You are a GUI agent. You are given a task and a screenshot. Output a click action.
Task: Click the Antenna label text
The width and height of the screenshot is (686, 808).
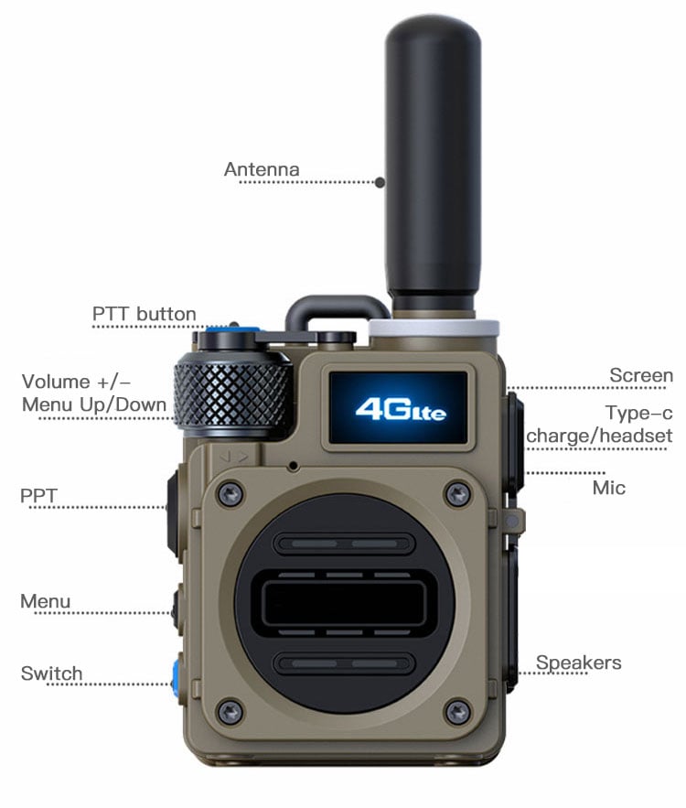[x=262, y=169]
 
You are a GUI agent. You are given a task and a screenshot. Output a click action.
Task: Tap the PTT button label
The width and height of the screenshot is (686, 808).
[x=145, y=314]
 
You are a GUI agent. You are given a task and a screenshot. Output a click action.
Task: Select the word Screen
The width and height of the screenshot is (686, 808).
[x=641, y=375]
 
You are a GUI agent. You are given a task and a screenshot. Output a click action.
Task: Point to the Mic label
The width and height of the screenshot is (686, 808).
[x=609, y=488]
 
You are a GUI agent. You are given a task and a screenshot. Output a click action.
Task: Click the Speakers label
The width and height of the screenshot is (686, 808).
[x=578, y=663]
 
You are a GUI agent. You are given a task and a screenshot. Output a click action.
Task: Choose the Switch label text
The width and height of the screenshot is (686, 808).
[x=51, y=673]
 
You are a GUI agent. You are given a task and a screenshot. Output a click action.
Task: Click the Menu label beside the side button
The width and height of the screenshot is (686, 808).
[x=46, y=601]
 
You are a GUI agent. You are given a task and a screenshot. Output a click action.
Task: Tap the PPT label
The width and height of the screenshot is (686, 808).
[x=38, y=495]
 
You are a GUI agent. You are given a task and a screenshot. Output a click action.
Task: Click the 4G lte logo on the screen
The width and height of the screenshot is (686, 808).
[x=401, y=409]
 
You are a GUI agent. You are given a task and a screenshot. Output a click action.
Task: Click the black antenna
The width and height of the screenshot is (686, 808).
[x=434, y=165]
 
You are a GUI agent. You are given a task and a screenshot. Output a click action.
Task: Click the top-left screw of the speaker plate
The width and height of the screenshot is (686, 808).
[x=230, y=494]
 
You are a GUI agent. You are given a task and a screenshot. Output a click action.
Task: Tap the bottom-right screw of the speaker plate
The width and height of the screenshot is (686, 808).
[x=457, y=713]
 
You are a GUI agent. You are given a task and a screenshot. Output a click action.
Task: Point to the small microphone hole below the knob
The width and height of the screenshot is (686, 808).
[x=294, y=466]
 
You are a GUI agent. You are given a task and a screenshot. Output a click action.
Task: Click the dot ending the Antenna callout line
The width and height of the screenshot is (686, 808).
[x=381, y=182]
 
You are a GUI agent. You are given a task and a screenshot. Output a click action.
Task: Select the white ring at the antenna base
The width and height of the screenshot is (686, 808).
[x=434, y=328]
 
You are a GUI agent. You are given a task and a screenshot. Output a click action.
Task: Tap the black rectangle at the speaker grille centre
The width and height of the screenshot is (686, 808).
[x=344, y=602]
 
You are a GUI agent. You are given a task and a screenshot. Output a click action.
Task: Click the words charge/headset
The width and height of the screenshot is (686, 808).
[x=599, y=436]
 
